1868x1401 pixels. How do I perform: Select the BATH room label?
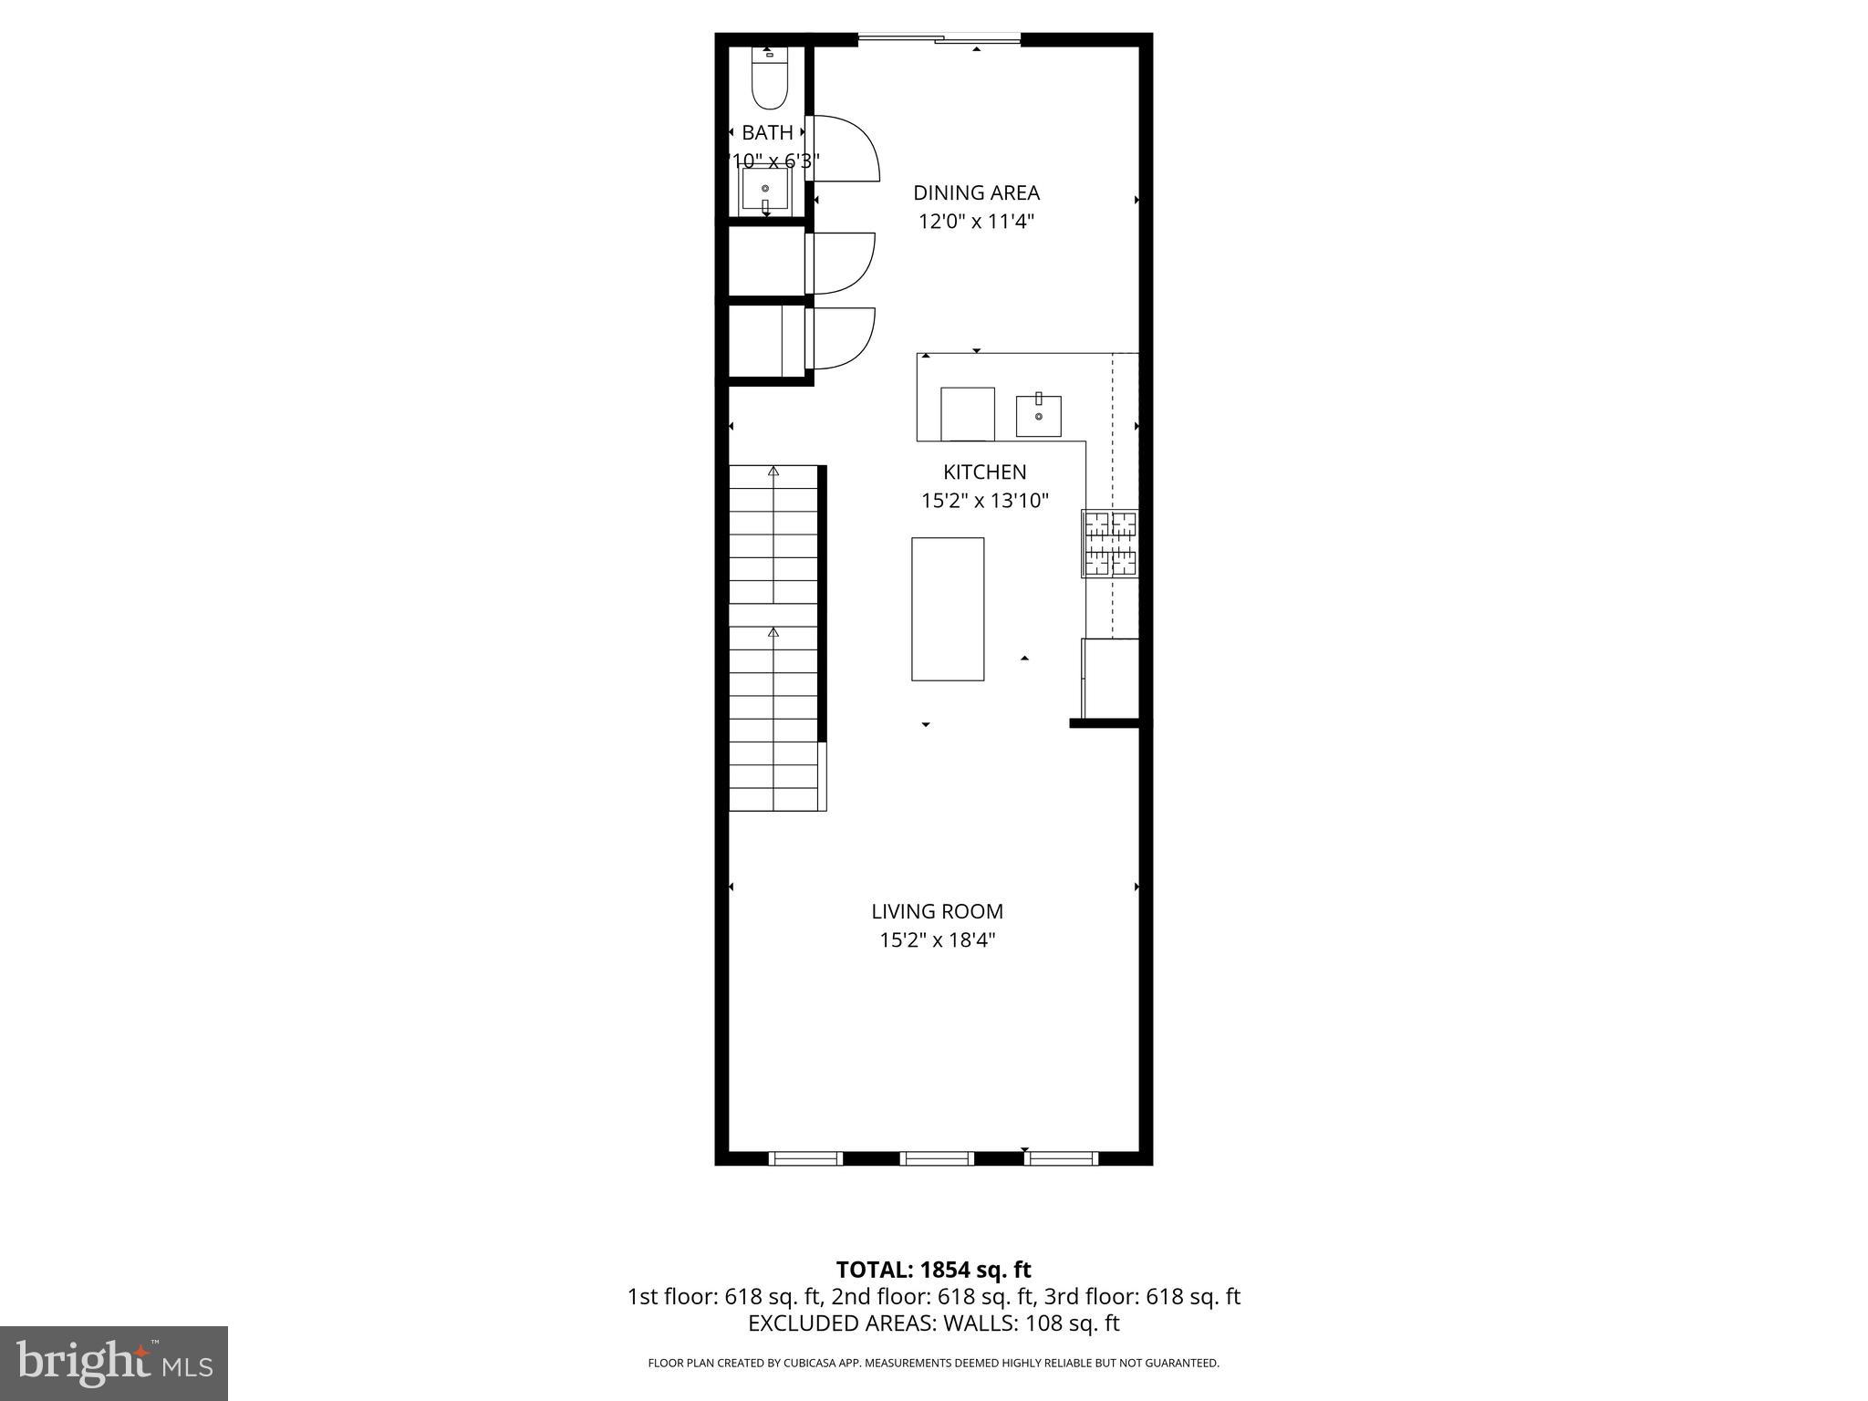767,132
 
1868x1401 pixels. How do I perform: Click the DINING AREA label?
976,192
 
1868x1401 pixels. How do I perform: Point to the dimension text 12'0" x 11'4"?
976,222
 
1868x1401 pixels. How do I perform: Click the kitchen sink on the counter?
1039,416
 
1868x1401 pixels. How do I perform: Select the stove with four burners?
1110,544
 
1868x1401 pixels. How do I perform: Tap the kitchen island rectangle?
948,608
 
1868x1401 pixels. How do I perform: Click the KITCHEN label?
984,472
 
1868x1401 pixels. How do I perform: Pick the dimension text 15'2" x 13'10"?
984,501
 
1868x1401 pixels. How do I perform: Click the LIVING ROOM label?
937,911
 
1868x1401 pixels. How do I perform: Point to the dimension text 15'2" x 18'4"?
937,940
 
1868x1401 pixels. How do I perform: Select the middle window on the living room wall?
937,1158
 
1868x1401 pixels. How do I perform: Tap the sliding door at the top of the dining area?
939,38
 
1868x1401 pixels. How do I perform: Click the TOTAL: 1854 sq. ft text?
933,1270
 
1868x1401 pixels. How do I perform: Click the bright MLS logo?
114,1363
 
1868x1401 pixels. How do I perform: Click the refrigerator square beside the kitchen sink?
967,414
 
